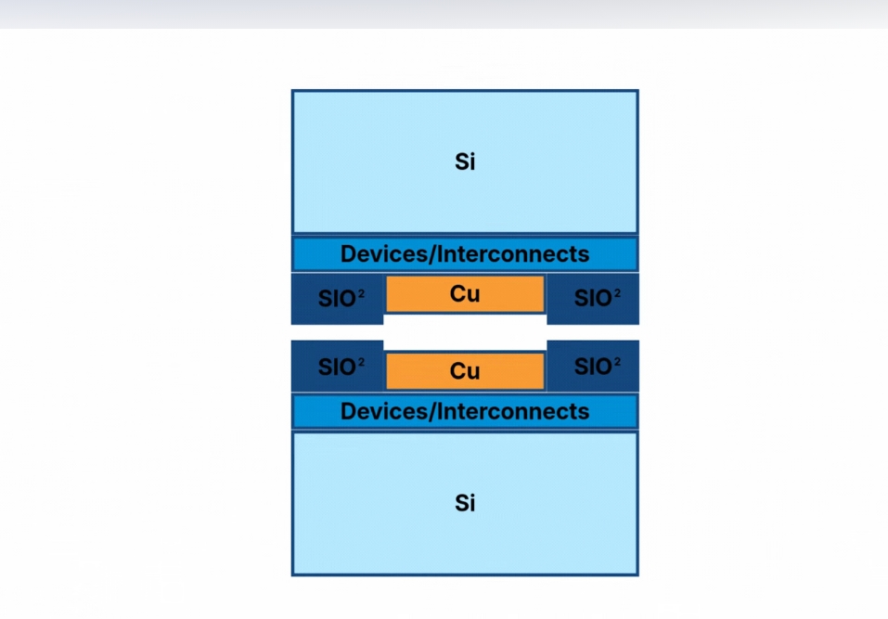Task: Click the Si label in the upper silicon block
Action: click(465, 161)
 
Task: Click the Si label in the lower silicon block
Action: click(465, 503)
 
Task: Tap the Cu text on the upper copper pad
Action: click(465, 294)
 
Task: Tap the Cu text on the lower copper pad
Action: click(465, 371)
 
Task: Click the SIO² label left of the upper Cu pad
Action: click(338, 299)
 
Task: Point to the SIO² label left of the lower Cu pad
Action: click(338, 367)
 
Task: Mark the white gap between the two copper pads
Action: click(465, 332)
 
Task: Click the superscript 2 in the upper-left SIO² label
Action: click(361, 293)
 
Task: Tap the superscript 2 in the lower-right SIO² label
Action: click(617, 361)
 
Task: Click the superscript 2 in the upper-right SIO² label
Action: click(617, 293)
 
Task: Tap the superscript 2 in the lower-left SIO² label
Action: click(361, 361)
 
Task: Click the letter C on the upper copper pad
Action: click(458, 294)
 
